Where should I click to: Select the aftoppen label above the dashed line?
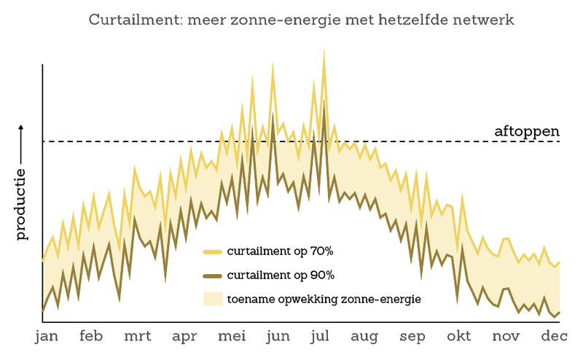tap(526, 132)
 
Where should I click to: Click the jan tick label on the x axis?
tap(47, 336)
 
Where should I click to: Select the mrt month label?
tap(138, 336)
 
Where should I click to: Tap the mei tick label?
tap(232, 336)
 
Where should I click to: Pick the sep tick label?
tap(412, 336)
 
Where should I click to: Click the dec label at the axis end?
tap(553, 336)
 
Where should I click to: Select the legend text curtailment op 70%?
tap(280, 252)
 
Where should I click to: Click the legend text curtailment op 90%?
tap(280, 275)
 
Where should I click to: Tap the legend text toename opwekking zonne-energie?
tap(324, 298)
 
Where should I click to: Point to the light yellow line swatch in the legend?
tap(212, 252)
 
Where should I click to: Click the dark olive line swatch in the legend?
tap(212, 275)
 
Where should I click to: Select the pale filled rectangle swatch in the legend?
tap(212, 298)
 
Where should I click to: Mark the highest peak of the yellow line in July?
tap(323, 51)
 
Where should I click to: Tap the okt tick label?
tap(459, 336)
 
